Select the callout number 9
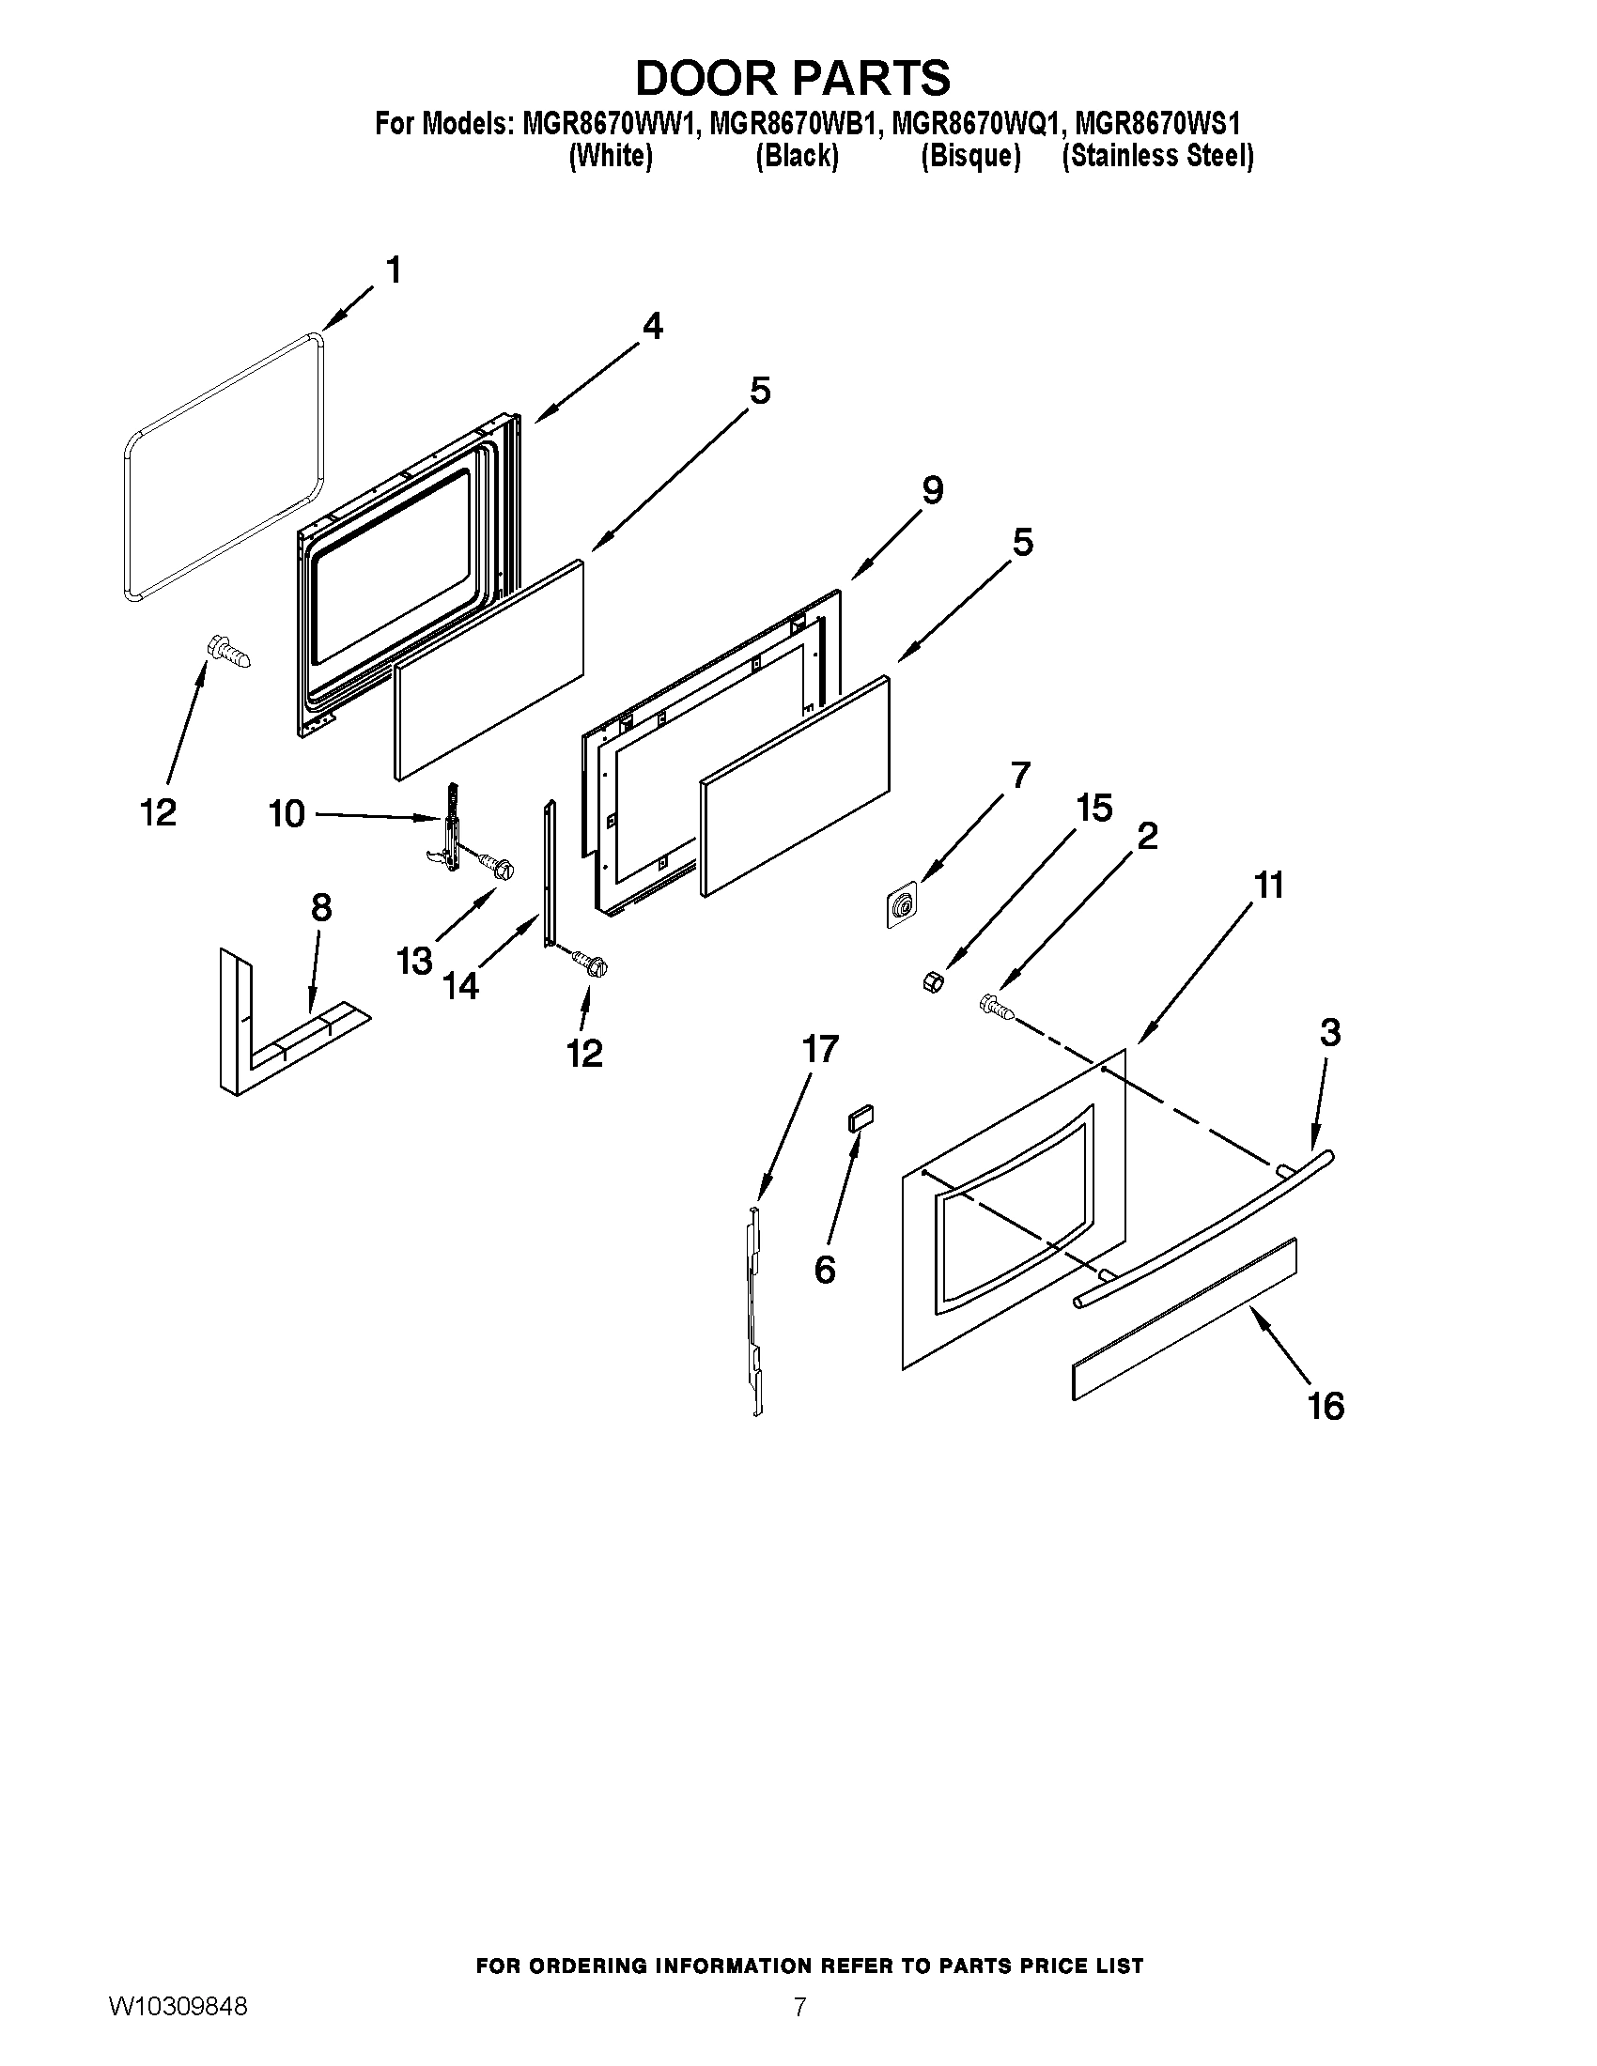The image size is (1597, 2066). (932, 490)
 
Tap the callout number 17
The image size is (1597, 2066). (819, 1048)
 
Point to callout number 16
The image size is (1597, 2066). (1326, 1407)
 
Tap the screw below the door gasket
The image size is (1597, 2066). (228, 653)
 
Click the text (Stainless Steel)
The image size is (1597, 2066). (1157, 156)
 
